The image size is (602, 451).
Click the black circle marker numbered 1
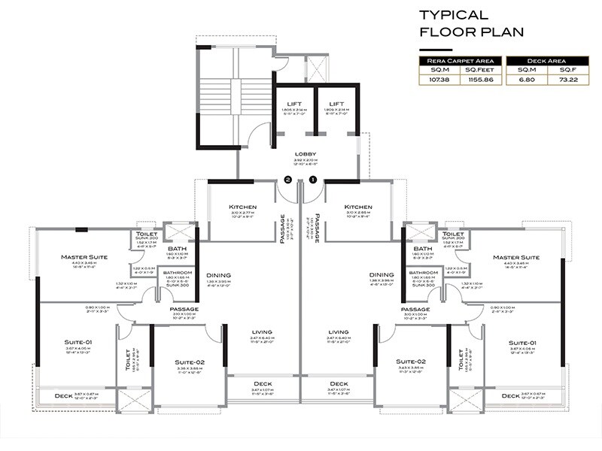click(313, 180)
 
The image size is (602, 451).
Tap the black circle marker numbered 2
click(287, 180)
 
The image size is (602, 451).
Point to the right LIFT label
click(336, 104)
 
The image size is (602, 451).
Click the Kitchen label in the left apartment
click(243, 207)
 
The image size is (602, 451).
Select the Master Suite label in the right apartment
click(516, 257)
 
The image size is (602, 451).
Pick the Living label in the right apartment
click(339, 331)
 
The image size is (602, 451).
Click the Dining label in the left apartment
click(219, 275)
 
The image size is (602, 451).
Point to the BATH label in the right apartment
click(422, 249)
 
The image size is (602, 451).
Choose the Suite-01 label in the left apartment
click(78, 342)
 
